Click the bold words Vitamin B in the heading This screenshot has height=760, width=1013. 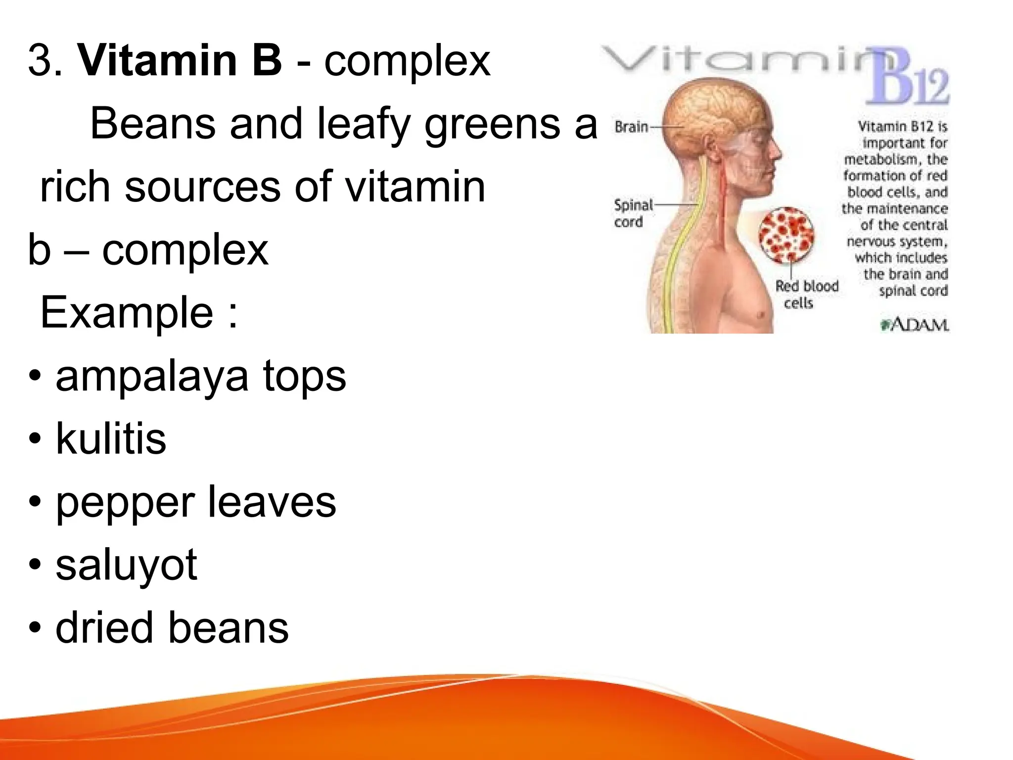pos(180,60)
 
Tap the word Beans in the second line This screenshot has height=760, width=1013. pos(153,123)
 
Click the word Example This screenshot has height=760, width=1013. pos(127,312)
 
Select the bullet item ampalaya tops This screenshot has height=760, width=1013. pos(200,377)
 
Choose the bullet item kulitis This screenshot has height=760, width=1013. pos(111,438)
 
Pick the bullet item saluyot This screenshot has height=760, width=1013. pos(126,566)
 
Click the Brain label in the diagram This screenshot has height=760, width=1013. pos(631,127)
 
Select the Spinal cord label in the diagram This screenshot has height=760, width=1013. pos(633,213)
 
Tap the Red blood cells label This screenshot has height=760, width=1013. pos(806,294)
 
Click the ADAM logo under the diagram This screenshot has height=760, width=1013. pos(915,325)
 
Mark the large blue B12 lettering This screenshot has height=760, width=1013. pos(908,79)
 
